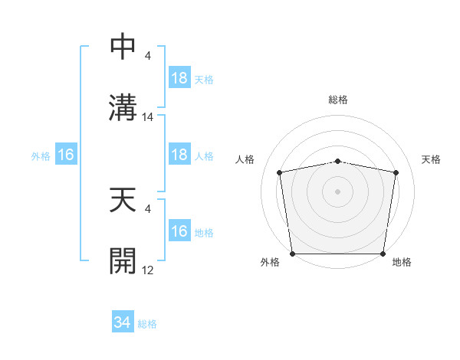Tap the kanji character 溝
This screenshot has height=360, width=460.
click(x=124, y=106)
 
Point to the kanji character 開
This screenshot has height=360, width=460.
click(x=124, y=260)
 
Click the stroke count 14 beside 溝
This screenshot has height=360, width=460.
click(x=149, y=117)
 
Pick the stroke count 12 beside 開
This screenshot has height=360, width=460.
click(x=149, y=270)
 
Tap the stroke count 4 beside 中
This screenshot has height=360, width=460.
click(x=148, y=56)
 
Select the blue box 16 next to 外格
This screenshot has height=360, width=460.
click(x=66, y=155)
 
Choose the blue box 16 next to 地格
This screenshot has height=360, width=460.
click(x=179, y=232)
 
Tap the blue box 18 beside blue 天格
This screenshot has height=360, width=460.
click(x=179, y=79)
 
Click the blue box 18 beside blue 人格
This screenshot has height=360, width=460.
click(x=179, y=155)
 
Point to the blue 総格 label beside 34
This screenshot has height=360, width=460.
click(x=147, y=324)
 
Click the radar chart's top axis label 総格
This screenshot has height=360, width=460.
click(x=337, y=100)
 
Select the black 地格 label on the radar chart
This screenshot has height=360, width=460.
click(x=402, y=262)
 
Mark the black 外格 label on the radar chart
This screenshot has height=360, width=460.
click(x=270, y=262)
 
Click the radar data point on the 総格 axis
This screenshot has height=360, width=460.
click(x=337, y=161)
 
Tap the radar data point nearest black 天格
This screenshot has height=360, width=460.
click(x=396, y=172)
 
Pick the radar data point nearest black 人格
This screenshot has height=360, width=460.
click(x=280, y=172)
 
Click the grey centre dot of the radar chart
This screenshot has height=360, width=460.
click(x=337, y=191)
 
